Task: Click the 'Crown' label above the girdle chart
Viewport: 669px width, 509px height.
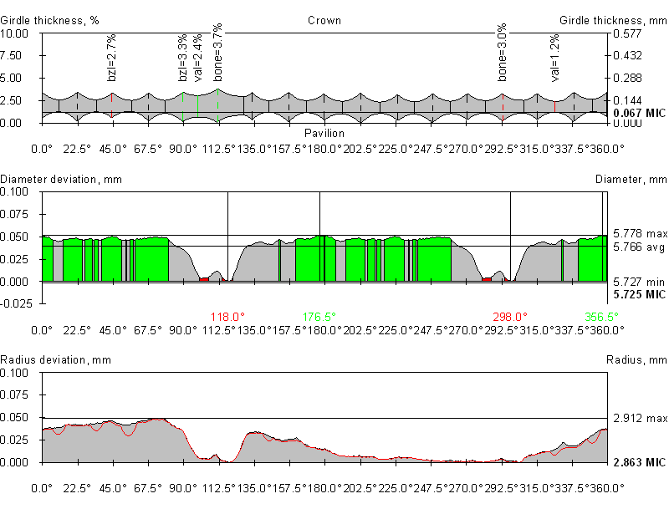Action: click(x=324, y=20)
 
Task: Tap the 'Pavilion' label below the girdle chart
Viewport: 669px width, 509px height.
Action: click(x=324, y=133)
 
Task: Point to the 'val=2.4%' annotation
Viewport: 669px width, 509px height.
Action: click(x=197, y=61)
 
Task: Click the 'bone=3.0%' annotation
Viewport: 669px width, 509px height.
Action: click(x=503, y=56)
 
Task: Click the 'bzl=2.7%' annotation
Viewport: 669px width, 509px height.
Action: click(x=112, y=59)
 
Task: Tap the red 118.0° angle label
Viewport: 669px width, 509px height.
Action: click(x=227, y=317)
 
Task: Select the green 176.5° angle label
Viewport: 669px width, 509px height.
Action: click(x=319, y=317)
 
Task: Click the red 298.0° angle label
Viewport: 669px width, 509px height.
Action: click(x=510, y=317)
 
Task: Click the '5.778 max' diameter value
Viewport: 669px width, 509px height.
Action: click(x=640, y=233)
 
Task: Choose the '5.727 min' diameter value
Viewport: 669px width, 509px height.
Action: click(x=638, y=282)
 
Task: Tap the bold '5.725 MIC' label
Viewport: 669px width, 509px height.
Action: click(x=639, y=294)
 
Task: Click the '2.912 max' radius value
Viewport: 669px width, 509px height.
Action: click(x=640, y=417)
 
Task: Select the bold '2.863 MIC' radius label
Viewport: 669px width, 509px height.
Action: click(x=639, y=462)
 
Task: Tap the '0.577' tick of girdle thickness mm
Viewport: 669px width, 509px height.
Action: click(x=628, y=33)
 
